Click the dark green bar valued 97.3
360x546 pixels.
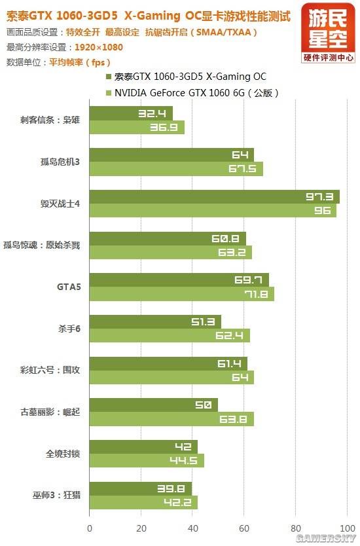[x=214, y=196]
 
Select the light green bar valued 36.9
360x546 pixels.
[x=137, y=128]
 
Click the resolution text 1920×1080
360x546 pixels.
[x=99, y=47]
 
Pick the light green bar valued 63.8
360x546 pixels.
[x=171, y=419]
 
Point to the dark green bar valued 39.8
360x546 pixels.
[x=140, y=488]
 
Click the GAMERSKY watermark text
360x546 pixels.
[x=325, y=537]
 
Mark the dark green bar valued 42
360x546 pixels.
[x=143, y=446]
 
